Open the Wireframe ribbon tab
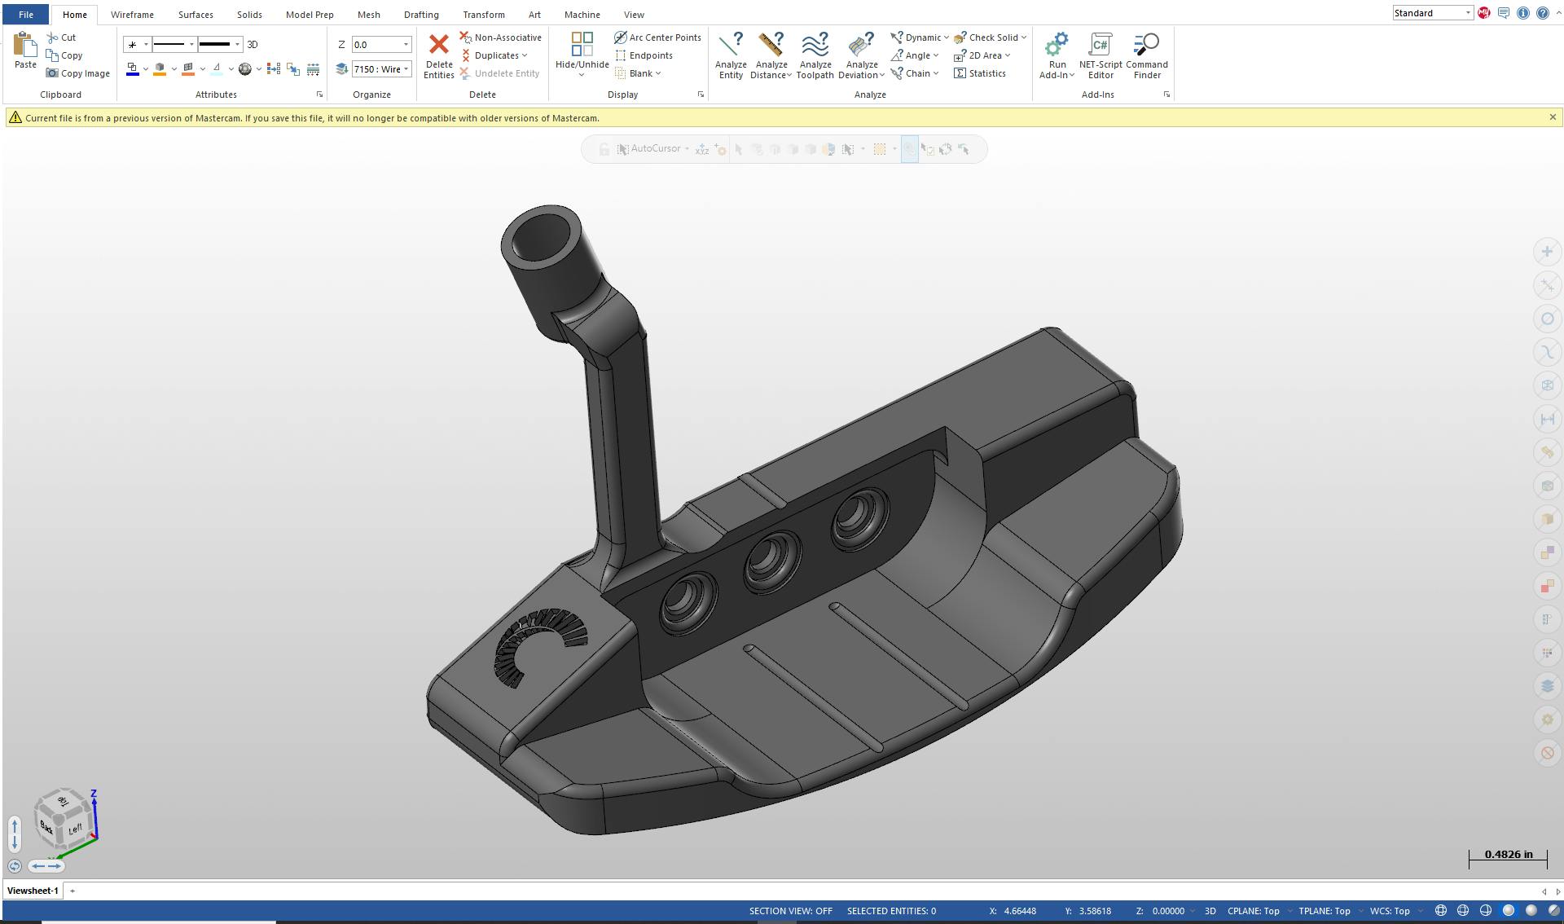(x=132, y=15)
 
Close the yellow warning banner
(x=1553, y=117)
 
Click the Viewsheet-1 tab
(x=33, y=891)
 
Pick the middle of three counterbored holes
(x=771, y=561)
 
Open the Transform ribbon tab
(x=483, y=15)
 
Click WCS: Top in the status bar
(x=1390, y=911)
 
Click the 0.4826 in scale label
(x=1508, y=855)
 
